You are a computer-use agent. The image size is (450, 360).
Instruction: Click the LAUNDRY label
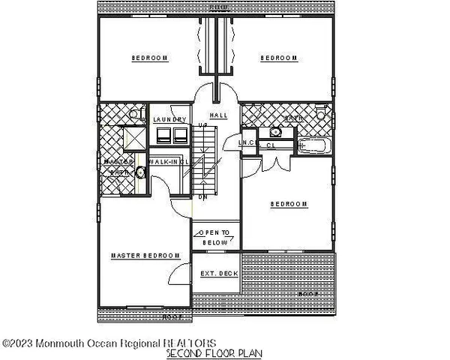pyautogui.click(x=169, y=119)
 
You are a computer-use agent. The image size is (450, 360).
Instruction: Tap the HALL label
pyautogui.click(x=218, y=115)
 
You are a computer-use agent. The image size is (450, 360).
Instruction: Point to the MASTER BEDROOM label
pyautogui.click(x=146, y=256)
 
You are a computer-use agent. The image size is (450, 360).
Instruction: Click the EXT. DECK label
pyautogui.click(x=218, y=274)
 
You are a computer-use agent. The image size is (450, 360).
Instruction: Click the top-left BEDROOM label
pyautogui.click(x=149, y=57)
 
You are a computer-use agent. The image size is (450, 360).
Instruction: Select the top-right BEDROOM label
pyautogui.click(x=278, y=57)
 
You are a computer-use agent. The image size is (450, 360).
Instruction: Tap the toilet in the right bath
pyautogui.click(x=322, y=113)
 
